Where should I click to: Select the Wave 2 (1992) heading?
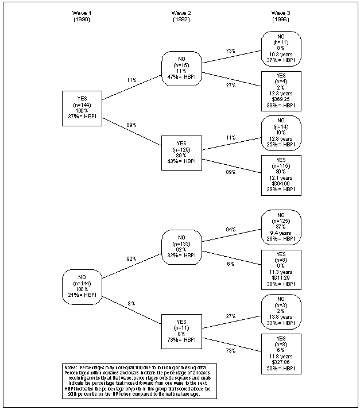pos(181,16)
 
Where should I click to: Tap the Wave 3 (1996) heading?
pos(281,16)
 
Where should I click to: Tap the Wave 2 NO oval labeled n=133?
pos(181,246)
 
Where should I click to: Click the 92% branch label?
pos(131,258)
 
